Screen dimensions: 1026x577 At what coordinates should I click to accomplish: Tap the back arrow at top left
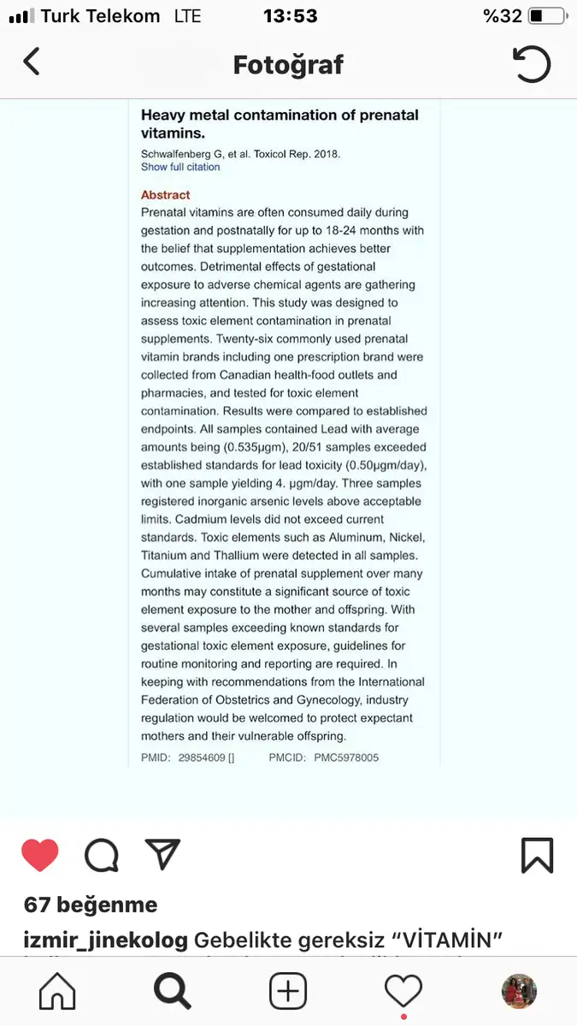32,62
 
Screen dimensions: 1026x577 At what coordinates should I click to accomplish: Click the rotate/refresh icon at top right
531,64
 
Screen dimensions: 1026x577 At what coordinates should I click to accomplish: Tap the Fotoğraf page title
288,64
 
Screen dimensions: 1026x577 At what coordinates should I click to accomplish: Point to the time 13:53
290,16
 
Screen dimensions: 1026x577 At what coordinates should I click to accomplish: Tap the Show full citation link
180,168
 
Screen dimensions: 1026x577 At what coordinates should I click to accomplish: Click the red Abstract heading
166,195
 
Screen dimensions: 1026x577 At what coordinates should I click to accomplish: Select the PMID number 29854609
201,758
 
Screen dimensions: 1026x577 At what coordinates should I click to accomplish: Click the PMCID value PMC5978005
346,758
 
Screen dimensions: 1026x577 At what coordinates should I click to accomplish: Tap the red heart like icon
40,855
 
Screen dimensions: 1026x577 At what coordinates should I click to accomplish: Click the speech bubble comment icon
102,855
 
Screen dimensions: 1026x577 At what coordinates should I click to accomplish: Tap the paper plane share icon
162,854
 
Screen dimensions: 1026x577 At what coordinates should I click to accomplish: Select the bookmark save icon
537,855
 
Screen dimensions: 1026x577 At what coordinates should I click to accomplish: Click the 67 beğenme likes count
91,905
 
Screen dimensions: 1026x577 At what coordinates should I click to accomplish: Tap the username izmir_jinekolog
106,940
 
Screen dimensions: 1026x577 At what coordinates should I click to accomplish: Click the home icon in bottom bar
57,992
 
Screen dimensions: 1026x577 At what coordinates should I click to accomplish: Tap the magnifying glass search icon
172,992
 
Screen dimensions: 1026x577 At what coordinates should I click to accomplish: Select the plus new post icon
288,992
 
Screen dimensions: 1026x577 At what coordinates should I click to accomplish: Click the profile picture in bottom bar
519,992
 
